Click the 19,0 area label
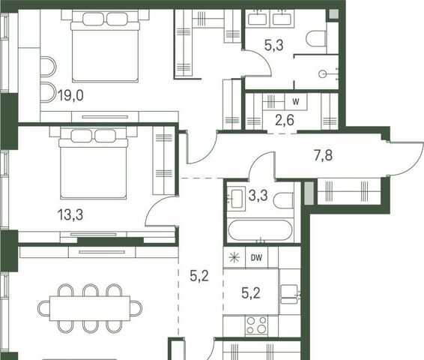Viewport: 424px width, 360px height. click(x=70, y=95)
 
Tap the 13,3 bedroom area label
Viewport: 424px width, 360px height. click(x=70, y=215)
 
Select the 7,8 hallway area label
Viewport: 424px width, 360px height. click(x=323, y=156)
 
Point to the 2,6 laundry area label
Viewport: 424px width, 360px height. click(x=285, y=120)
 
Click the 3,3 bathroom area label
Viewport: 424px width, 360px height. click(x=258, y=195)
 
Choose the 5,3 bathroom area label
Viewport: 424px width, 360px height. click(x=274, y=45)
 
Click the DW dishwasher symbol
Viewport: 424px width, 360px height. click(x=256, y=258)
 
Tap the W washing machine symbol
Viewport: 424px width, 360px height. click(x=296, y=102)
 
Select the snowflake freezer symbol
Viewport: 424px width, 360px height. click(x=234, y=258)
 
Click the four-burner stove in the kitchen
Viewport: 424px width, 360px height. click(x=256, y=325)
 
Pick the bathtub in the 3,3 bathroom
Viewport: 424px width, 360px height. click(x=260, y=230)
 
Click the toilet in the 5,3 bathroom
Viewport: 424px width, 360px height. click(x=317, y=39)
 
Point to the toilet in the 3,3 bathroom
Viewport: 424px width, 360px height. click(x=283, y=200)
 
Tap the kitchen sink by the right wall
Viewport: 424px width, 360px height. click(x=289, y=294)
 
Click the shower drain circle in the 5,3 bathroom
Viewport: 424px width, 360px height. click(x=323, y=74)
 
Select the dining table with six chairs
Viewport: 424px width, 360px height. click(x=90, y=308)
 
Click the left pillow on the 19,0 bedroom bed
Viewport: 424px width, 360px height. click(x=94, y=19)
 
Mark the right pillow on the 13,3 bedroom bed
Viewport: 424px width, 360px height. click(x=106, y=136)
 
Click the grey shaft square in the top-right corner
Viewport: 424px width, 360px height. click(x=333, y=14)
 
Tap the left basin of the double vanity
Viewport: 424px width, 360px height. click(x=258, y=19)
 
